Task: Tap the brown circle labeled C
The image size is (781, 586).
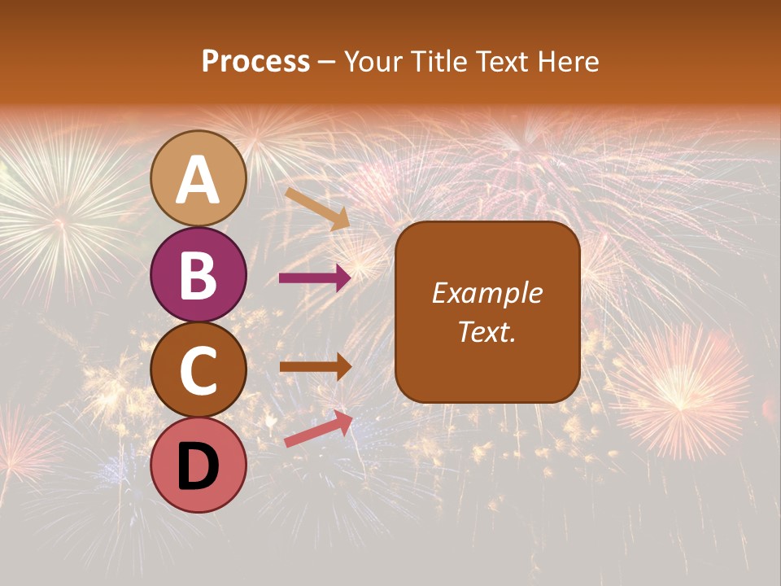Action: point(199,370)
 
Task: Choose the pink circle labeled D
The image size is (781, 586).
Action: point(199,465)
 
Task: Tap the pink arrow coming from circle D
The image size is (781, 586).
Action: point(318,429)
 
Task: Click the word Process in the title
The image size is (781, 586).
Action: point(255,62)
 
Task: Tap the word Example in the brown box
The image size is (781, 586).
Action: point(487,293)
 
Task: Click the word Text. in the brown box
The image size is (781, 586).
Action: point(487,332)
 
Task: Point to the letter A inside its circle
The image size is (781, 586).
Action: point(199,181)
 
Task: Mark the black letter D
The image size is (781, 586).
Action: point(199,466)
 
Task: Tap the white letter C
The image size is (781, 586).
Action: point(199,371)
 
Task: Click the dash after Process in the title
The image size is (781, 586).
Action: point(327,63)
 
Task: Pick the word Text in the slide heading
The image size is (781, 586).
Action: point(497,62)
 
